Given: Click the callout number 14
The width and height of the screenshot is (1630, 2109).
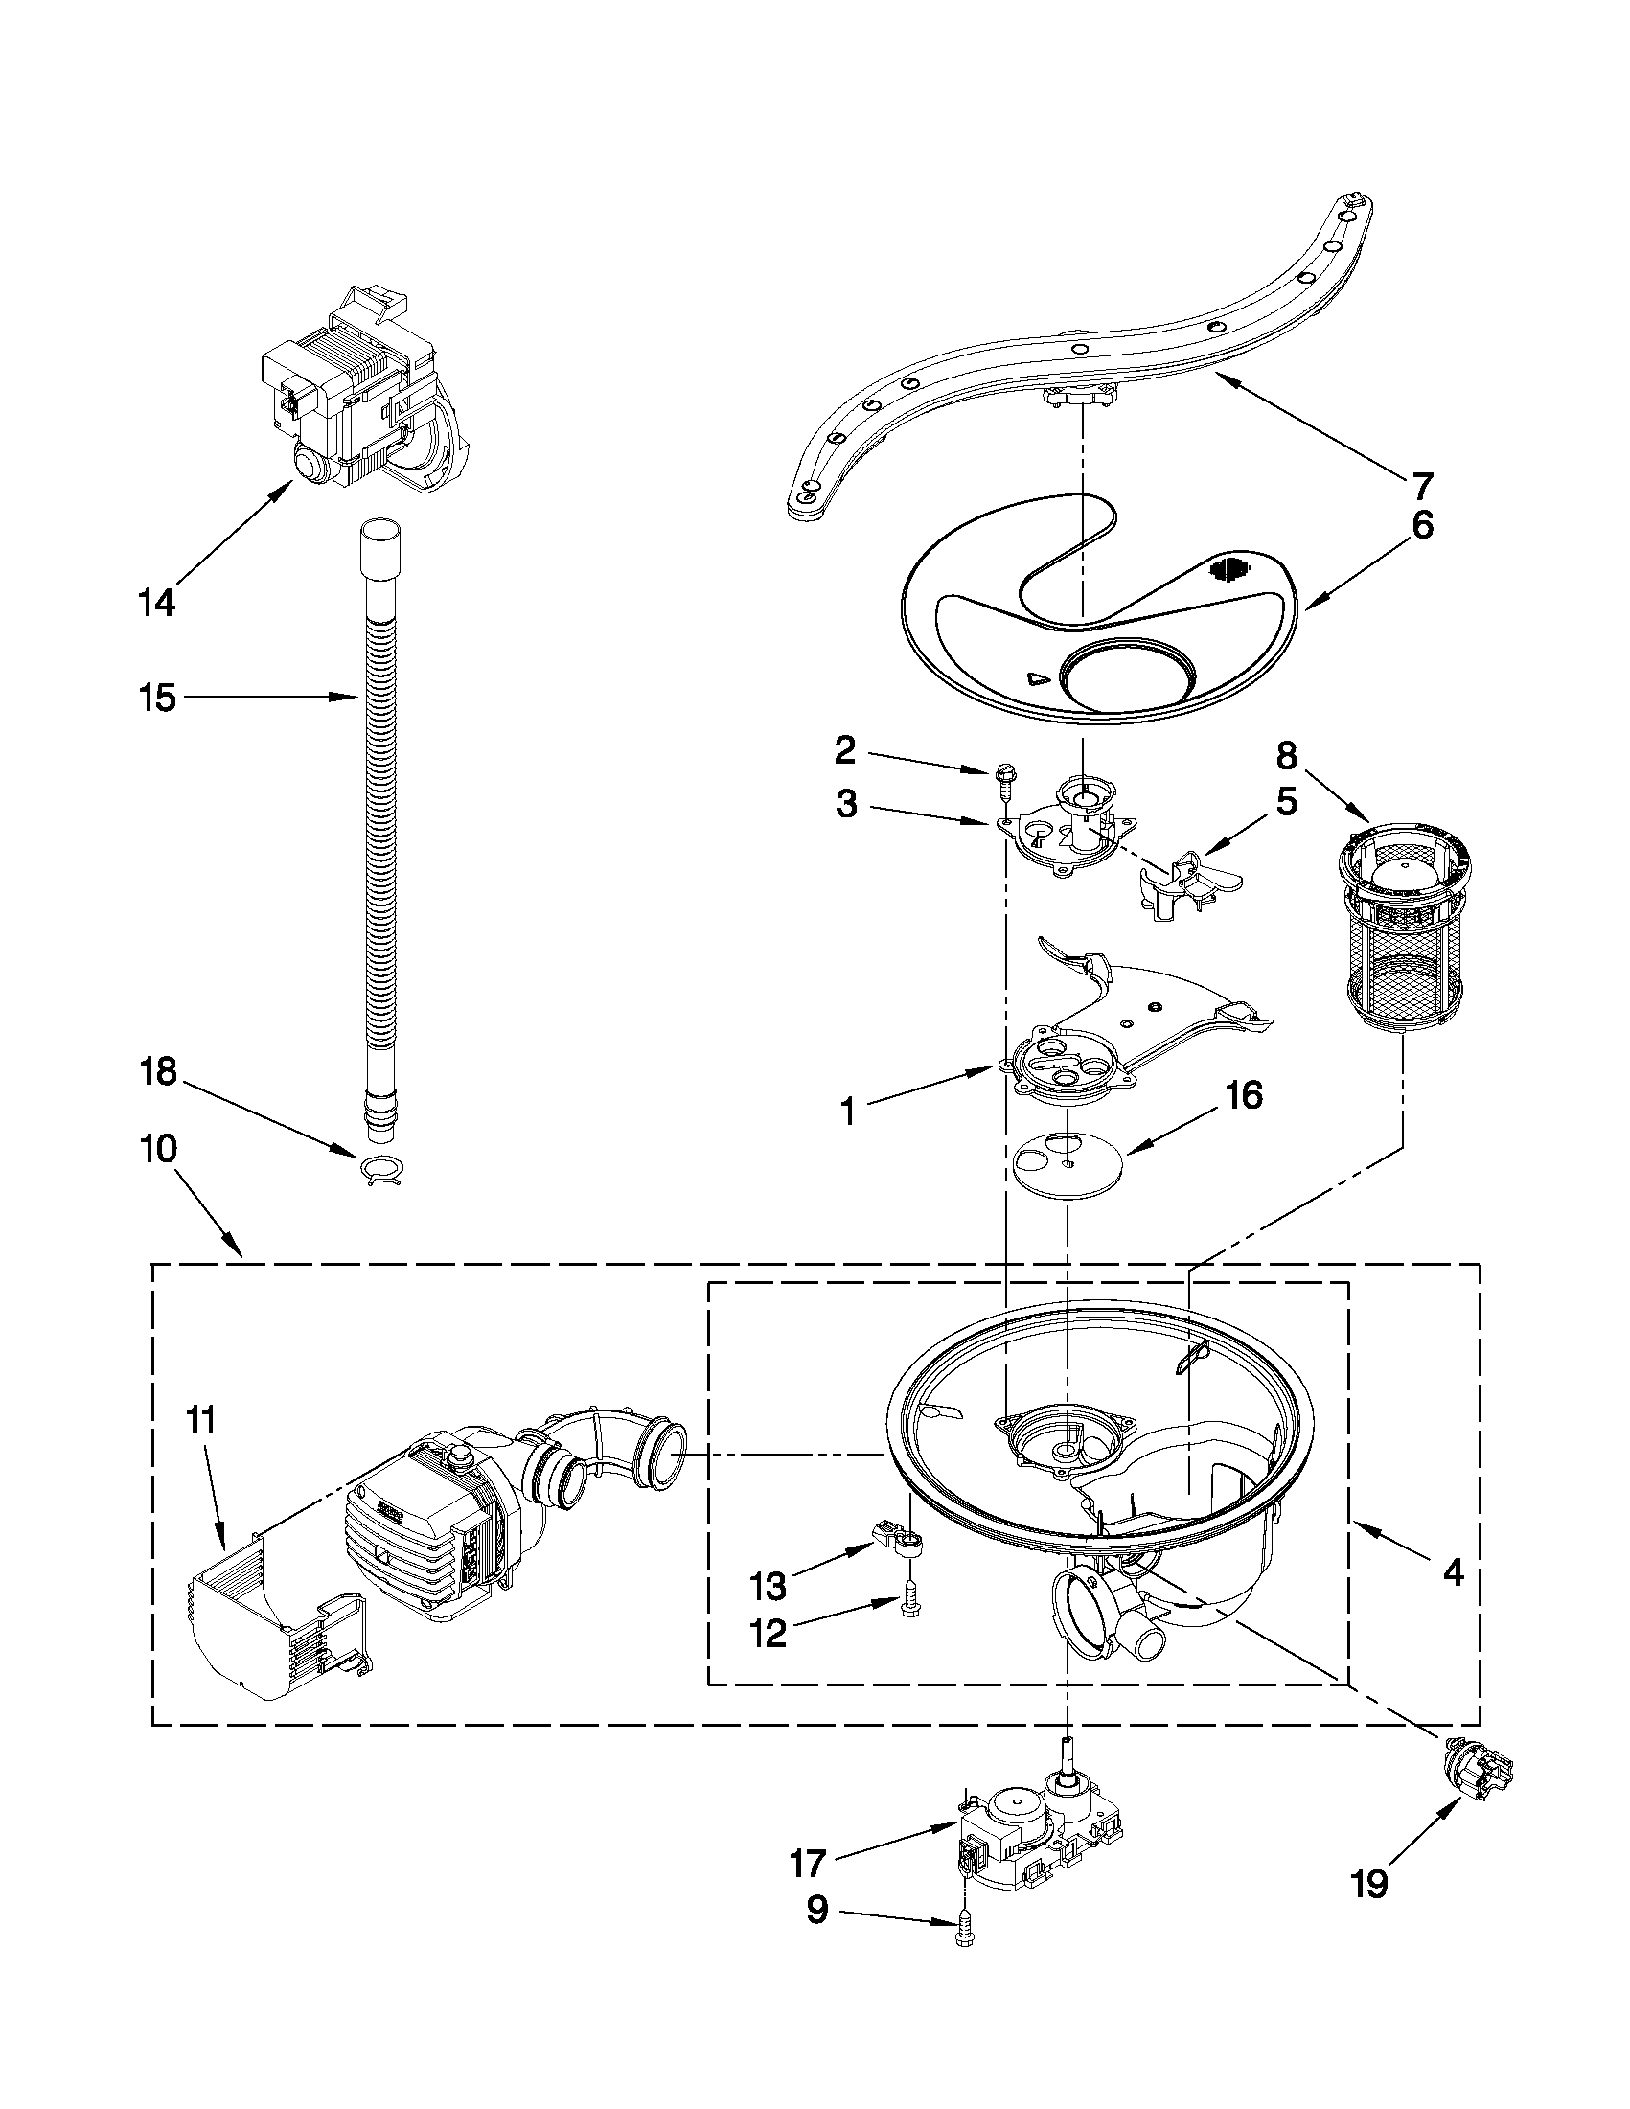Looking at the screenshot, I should pos(155,604).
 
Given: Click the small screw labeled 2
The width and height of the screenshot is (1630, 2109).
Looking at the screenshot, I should pos(1004,777).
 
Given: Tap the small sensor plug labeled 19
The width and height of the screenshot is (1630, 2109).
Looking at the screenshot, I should pos(1477,1771).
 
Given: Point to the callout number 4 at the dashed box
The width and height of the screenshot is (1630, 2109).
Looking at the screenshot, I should pos(1453,1574).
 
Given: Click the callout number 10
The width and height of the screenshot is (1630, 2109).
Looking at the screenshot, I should pos(158,1149).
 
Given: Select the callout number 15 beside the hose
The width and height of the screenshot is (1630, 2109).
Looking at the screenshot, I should pos(157,698).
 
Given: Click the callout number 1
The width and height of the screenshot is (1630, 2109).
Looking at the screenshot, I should pos(847,1113).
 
